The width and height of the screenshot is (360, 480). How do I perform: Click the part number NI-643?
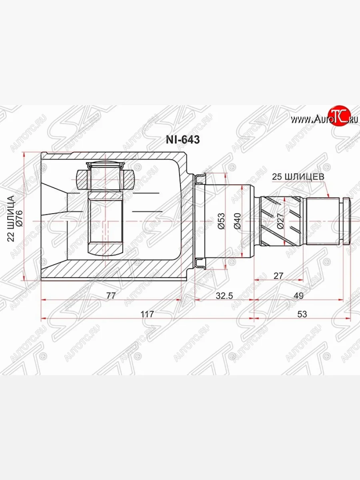[183, 140]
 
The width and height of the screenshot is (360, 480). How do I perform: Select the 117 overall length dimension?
[148, 314]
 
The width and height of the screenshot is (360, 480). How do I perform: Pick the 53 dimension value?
[302, 314]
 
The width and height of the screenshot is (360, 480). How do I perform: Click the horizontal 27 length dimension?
[278, 276]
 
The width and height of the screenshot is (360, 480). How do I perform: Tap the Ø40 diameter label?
[237, 220]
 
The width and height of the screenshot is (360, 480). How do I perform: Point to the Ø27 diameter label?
[280, 220]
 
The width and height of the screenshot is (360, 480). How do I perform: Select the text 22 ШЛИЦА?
[12, 218]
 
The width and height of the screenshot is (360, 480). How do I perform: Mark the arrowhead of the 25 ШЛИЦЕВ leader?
[329, 196]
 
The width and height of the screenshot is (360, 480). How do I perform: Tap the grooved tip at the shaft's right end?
[346, 220]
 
